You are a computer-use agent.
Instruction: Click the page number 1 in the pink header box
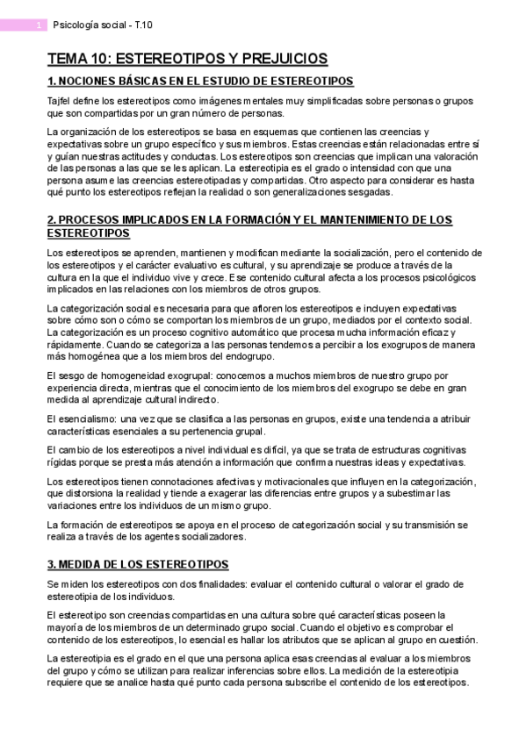40,26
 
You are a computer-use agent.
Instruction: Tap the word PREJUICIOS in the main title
278,60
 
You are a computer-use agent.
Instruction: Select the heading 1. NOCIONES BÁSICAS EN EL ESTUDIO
200,82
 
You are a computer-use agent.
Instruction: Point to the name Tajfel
60,102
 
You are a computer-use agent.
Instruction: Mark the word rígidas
63,462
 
